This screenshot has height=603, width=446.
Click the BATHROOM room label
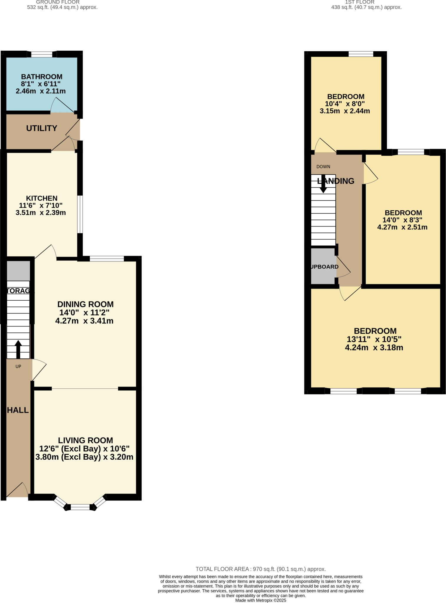[42, 77]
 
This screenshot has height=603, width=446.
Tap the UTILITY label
[42, 128]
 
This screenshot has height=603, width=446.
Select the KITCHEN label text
[42, 198]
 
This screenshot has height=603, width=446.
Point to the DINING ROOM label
[85, 304]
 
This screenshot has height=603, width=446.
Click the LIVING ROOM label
[85, 440]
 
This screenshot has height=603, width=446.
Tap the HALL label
[18, 410]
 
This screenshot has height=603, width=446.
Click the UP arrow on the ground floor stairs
[18, 349]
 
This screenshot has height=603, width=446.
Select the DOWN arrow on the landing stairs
[323, 184]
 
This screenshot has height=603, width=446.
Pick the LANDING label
[336, 181]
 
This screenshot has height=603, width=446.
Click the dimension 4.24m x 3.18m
[374, 348]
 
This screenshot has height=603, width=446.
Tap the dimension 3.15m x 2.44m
[345, 111]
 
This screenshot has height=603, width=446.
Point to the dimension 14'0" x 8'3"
[402, 220]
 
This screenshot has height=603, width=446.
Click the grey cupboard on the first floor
[323, 266]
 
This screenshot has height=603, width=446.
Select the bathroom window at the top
[42, 54]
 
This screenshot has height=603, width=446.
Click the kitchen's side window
[80, 214]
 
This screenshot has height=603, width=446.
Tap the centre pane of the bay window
[80, 507]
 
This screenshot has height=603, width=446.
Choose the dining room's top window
[107, 259]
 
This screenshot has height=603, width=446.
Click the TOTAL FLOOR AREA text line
[261, 569]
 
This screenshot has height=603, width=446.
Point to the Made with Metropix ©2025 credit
[261, 600]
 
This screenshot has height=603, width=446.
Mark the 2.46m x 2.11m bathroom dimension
[41, 91]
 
